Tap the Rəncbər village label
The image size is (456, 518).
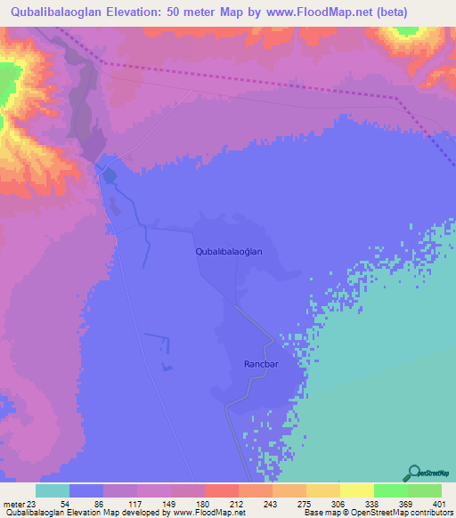263,364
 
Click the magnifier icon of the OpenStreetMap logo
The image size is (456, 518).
414,472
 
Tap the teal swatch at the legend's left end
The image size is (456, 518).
53,490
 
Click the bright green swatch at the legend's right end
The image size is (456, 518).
425,490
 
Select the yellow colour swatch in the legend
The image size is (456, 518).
357,490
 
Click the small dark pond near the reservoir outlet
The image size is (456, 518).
109,175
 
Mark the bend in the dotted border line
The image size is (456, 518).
395,97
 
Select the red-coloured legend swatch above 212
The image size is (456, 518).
222,490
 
